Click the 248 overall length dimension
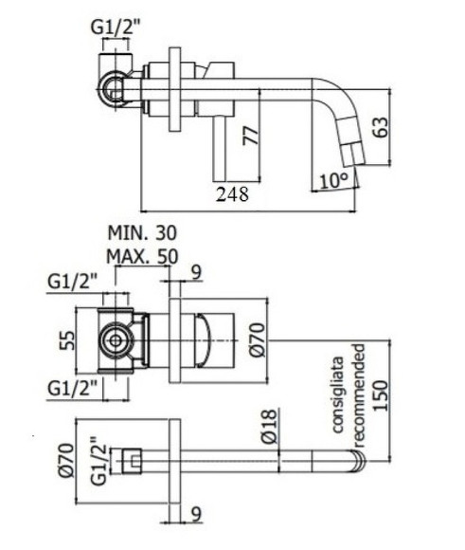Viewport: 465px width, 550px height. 231,194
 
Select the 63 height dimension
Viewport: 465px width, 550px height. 383,127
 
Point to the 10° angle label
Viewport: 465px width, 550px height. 333,180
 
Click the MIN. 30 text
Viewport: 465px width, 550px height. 142,232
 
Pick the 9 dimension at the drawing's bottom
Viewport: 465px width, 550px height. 195,514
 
